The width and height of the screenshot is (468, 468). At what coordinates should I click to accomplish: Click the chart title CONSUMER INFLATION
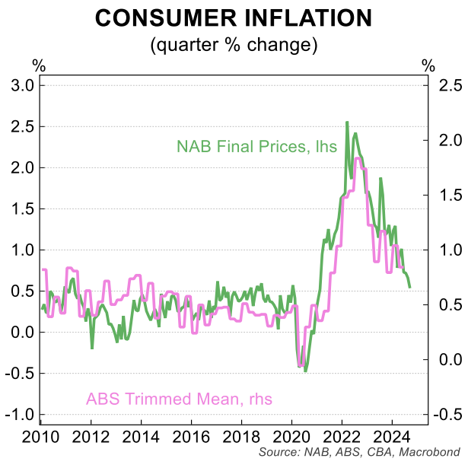(234, 18)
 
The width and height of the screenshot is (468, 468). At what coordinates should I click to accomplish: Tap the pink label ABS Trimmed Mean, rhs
(179, 399)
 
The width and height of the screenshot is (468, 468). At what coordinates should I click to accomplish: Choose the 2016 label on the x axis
(191, 438)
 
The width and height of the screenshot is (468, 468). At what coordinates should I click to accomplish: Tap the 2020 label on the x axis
(291, 438)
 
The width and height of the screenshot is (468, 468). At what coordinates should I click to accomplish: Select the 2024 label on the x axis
(392, 438)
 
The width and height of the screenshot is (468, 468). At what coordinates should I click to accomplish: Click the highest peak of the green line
(347, 122)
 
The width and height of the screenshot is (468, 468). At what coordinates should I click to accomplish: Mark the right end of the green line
(411, 287)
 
